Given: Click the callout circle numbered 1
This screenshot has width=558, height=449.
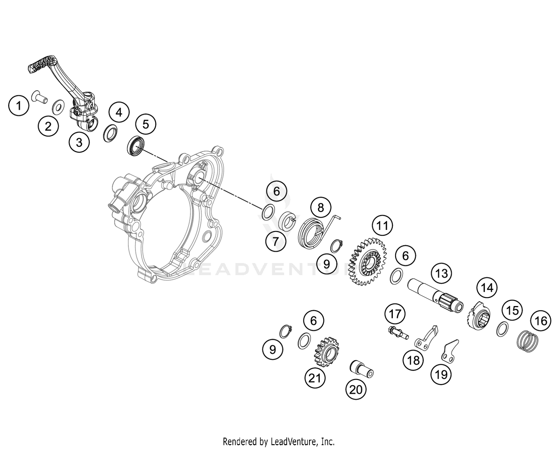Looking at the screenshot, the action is (19, 105).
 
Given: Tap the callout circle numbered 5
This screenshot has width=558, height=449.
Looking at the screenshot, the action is (146, 124).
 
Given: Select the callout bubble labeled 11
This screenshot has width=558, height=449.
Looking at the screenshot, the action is (382, 225).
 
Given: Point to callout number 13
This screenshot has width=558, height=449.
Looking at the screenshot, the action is (442, 273).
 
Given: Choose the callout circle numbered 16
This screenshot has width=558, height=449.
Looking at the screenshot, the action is (541, 321).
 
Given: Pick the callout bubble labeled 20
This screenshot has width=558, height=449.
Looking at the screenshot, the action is (356, 390).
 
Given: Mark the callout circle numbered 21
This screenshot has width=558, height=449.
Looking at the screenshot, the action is (315, 378).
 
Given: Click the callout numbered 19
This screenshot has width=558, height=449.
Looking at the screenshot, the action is (441, 374).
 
